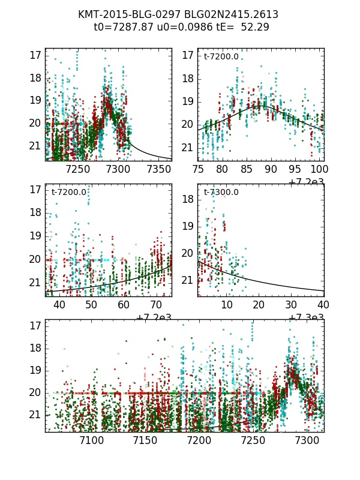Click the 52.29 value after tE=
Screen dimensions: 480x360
[255, 27]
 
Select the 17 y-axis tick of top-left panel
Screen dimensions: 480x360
[35, 55]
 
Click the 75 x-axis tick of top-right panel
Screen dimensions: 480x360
[197, 170]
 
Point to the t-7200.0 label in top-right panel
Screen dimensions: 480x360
[221, 57]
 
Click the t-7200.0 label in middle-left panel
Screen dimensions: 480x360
[68, 193]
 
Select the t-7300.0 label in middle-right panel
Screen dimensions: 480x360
[221, 193]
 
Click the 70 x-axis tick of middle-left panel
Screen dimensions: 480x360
[156, 305]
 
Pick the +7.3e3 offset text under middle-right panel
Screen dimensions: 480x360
[306, 317]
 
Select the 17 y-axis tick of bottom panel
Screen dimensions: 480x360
[35, 325]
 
